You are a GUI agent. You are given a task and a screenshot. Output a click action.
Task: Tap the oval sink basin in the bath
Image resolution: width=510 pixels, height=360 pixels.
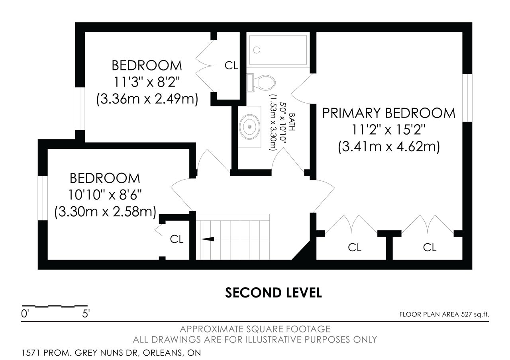pos(249,127)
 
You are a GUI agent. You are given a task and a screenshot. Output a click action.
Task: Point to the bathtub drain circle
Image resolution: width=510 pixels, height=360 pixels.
pos(257,50)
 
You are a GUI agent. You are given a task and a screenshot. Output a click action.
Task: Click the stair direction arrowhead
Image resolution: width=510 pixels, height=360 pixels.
pos(208,239)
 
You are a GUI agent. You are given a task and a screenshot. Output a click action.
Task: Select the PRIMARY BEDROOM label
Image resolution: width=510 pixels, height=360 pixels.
pos(388,113)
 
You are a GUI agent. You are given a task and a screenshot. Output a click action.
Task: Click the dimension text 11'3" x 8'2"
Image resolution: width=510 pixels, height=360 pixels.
pos(147,82)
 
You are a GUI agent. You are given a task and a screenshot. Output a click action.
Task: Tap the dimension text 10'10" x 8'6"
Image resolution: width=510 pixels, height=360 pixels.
pos(105,195)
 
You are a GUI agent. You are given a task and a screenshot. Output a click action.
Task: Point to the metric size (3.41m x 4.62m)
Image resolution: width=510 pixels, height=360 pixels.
pos(389,147)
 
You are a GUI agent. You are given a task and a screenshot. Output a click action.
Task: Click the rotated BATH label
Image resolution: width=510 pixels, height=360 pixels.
pos(292,122)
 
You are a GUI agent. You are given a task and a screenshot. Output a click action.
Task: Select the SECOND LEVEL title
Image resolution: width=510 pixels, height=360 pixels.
pos(273,293)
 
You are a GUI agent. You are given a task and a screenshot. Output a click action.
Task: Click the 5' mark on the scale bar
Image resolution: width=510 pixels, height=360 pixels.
pos(86,314)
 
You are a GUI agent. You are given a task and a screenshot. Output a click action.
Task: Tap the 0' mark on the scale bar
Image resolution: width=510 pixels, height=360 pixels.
pos(24,314)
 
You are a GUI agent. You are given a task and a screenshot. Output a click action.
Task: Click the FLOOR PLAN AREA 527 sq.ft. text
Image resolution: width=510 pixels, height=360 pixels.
pos(444,315)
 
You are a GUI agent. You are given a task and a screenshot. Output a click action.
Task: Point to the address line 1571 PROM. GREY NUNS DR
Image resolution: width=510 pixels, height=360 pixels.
pos(80,353)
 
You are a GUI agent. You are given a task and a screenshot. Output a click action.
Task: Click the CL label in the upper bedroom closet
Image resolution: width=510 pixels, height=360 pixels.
pos(231,66)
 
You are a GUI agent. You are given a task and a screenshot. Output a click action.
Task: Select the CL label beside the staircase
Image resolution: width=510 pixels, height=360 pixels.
pos(177,239)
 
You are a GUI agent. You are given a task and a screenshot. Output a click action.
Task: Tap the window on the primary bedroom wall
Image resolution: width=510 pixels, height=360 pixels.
pos(467,98)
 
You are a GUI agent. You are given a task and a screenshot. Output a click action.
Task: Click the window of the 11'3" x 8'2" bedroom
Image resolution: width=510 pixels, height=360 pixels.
pos(80,109)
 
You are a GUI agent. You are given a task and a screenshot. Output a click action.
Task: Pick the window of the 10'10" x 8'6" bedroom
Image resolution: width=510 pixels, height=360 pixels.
pos(43,198)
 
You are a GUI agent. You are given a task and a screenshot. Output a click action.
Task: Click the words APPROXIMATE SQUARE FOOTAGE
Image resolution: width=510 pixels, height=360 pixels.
pos(255,329)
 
